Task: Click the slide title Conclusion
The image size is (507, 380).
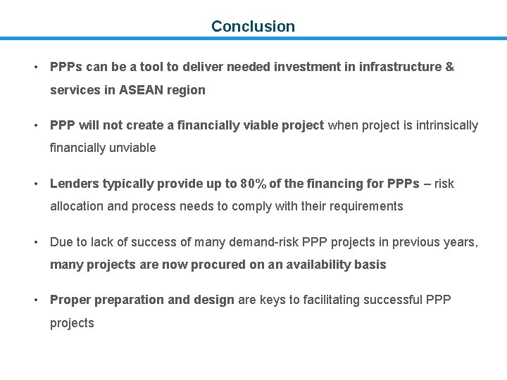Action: coord(253,27)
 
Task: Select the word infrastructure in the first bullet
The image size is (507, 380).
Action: coord(399,67)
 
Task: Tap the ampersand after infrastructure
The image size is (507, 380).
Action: coord(449,67)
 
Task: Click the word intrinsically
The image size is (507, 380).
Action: coord(439,125)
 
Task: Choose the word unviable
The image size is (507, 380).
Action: coord(131,148)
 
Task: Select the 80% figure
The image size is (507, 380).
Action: coord(253,184)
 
